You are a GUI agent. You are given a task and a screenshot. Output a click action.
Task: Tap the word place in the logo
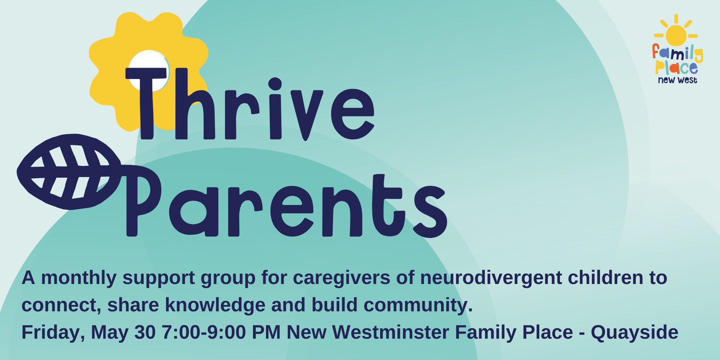[676, 68]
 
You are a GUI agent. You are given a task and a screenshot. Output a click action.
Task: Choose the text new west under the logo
[677, 80]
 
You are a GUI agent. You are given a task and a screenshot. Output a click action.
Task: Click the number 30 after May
[145, 332]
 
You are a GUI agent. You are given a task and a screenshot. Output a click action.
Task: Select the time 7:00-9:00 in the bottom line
[204, 332]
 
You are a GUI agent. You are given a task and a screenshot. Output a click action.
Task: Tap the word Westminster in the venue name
[391, 332]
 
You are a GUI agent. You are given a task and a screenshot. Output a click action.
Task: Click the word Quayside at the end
[635, 333]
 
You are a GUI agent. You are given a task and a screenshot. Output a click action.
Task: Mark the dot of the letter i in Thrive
[275, 84]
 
